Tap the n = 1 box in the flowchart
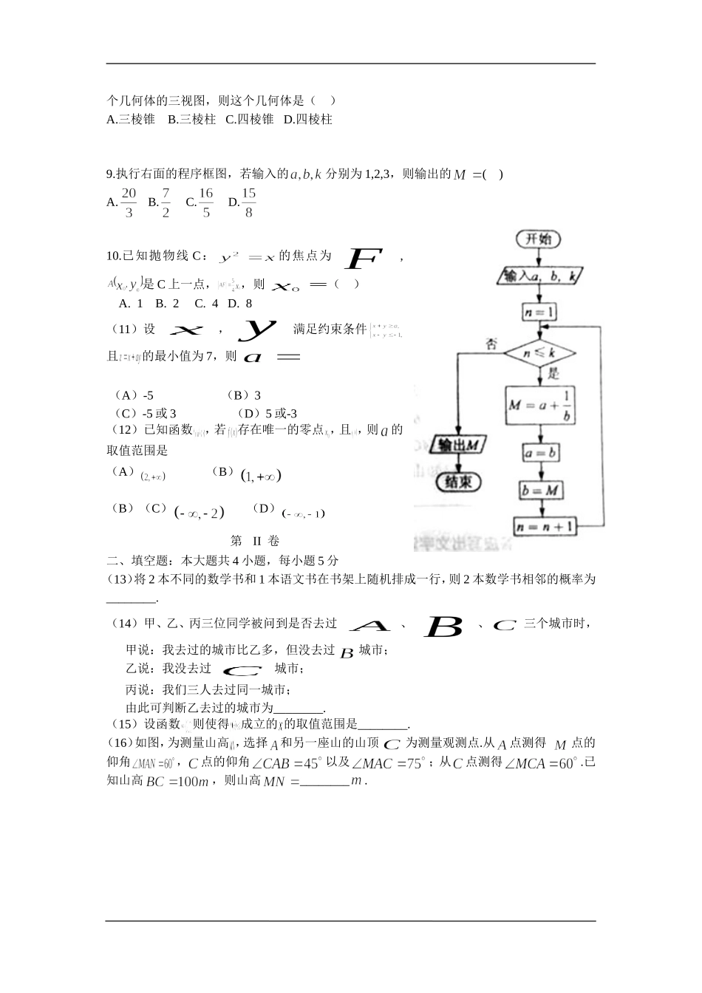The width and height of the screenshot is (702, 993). [540, 313]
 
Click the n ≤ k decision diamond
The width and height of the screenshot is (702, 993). [540, 353]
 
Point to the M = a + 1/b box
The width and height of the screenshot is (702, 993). [540, 406]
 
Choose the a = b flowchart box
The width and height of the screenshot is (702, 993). [540, 451]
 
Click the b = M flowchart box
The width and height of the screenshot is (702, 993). [540, 490]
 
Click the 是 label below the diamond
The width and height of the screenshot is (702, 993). [553, 374]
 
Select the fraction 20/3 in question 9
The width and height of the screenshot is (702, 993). [129, 202]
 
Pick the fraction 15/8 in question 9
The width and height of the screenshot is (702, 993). [249, 202]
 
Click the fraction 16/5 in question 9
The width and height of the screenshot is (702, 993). [206, 202]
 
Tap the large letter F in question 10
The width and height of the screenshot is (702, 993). [364, 259]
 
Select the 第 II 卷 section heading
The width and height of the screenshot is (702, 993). [256, 541]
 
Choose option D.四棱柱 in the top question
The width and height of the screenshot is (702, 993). [308, 120]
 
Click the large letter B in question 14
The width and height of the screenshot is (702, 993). [443, 627]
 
